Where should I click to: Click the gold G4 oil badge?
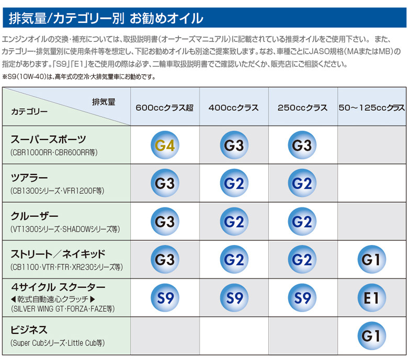pyautogui.click(x=165, y=145)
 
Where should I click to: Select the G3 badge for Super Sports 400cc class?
pyautogui.click(x=234, y=145)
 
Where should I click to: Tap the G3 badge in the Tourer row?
pyautogui.click(x=165, y=183)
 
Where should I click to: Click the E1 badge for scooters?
pyautogui.click(x=371, y=298)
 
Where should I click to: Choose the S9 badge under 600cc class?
pyautogui.click(x=165, y=298)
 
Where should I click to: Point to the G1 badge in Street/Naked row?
pyautogui.click(x=371, y=260)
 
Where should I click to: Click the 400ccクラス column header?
pyautogui.click(x=233, y=108)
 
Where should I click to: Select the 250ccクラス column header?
pyautogui.click(x=302, y=108)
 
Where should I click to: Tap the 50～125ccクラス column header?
pyautogui.click(x=371, y=108)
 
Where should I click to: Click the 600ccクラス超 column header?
pyautogui.click(x=164, y=108)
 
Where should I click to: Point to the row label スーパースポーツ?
pyautogui.click(x=49, y=140)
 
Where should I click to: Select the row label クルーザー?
pyautogui.click(x=35, y=216)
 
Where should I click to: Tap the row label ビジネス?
pyautogui.click(x=29, y=330)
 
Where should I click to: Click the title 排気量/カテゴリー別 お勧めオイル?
pyautogui.click(x=106, y=19)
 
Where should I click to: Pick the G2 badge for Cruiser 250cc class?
pyautogui.click(x=302, y=222)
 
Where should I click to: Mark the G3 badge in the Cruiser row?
pyautogui.click(x=165, y=222)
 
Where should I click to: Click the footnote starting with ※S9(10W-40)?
pyautogui.click(x=79, y=76)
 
